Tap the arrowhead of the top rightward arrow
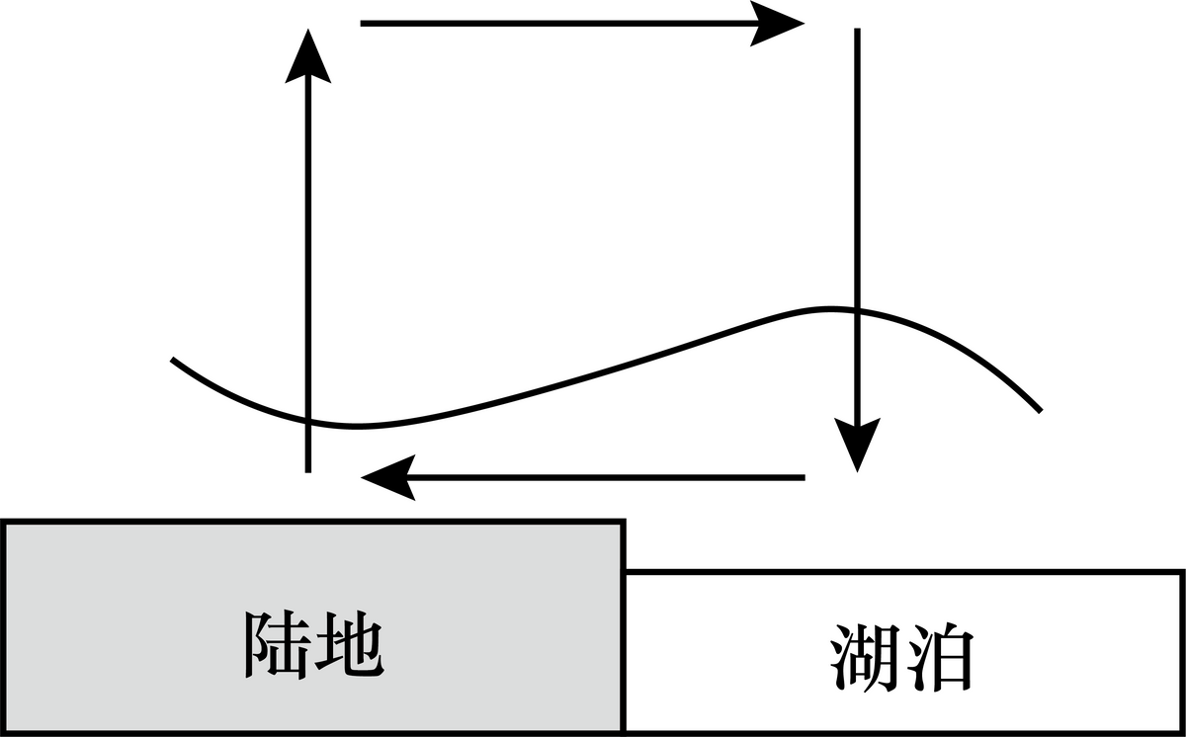click(779, 23)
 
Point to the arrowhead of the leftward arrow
click(387, 478)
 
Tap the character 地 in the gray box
click(347, 646)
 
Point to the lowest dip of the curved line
click(356, 427)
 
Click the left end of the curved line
click(173, 360)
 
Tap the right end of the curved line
click(1040, 410)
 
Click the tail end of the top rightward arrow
click(363, 23)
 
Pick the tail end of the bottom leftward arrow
click(804, 478)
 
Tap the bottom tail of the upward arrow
click(308, 470)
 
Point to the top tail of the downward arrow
click(856, 31)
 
